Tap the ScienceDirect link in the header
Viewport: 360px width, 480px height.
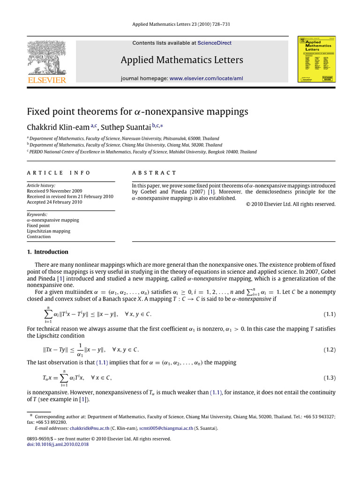(x=214, y=43)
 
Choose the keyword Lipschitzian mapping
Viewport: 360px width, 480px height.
(x=48, y=231)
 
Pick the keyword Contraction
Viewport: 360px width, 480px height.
(x=38, y=237)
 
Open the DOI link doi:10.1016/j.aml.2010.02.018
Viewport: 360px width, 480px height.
(x=56, y=444)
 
